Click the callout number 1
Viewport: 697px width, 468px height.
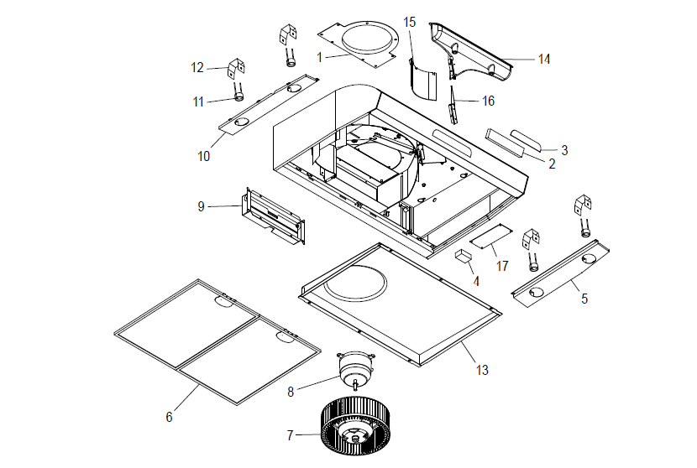coord(320,56)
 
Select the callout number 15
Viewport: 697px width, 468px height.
coord(409,22)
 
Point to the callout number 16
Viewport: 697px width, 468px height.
coord(488,101)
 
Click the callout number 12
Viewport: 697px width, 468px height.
coord(197,67)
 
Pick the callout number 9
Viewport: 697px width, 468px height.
coord(202,205)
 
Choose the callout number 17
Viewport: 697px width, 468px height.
coord(502,266)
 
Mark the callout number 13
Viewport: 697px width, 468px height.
coord(482,369)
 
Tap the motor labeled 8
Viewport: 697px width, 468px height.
coord(354,364)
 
